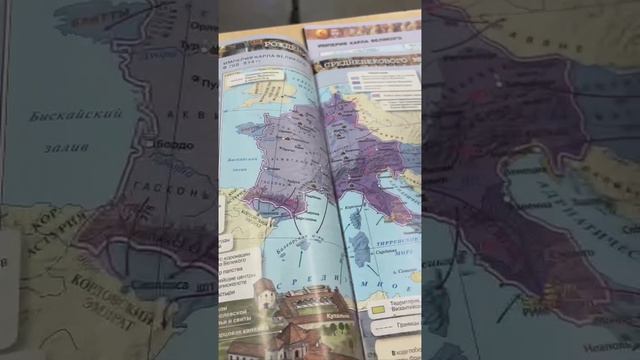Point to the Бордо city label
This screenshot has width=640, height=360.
click(171, 146)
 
